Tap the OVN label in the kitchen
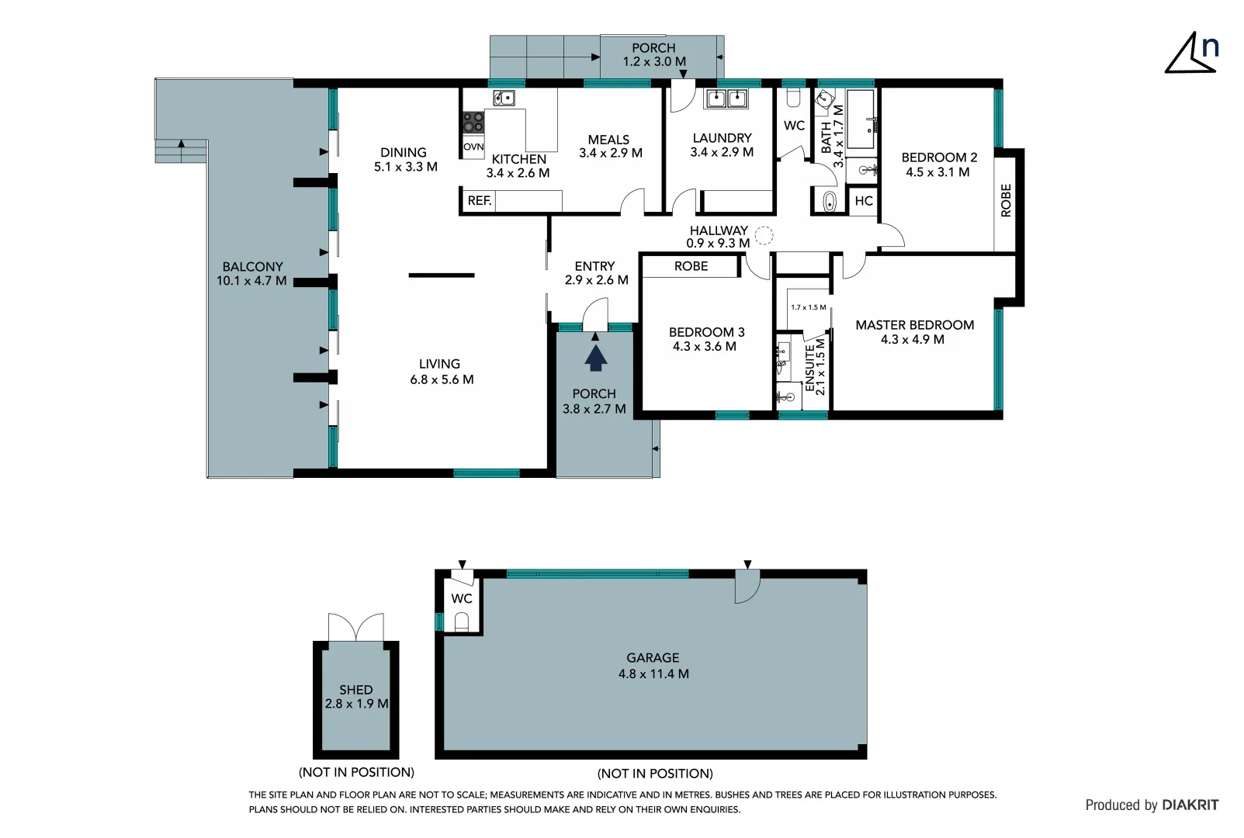[x=473, y=147]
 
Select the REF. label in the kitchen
[x=479, y=201]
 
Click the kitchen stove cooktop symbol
[x=473, y=123]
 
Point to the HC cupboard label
[x=863, y=201]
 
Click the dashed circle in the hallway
[x=764, y=234]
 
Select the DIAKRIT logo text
[x=1190, y=805]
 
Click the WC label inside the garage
[x=462, y=598]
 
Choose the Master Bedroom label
[x=914, y=325]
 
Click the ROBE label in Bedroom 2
[x=1006, y=199]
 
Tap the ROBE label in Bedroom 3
[x=691, y=266]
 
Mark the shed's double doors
[x=356, y=627]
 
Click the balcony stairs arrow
[x=181, y=144]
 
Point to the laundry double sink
[x=726, y=99]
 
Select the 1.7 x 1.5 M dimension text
[x=808, y=307]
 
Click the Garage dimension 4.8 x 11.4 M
[x=653, y=674]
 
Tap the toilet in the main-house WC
[x=793, y=98]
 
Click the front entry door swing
[x=595, y=313]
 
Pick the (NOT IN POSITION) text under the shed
[x=356, y=772]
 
